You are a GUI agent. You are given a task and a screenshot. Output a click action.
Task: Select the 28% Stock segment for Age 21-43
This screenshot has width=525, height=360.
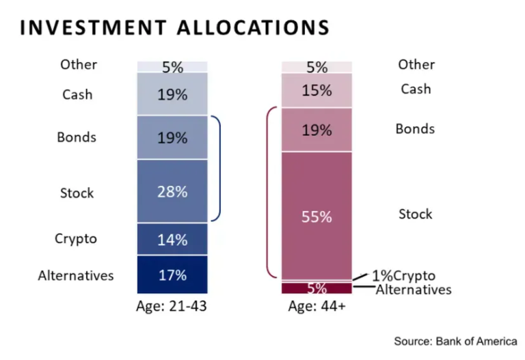pyautogui.click(x=172, y=191)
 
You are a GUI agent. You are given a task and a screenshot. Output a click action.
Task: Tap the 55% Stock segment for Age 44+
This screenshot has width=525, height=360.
pyautogui.click(x=317, y=216)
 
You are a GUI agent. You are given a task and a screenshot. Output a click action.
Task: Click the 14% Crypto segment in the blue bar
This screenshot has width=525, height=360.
pyautogui.click(x=172, y=239)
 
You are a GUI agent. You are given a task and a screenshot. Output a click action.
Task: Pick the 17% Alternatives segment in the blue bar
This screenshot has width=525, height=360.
pyautogui.click(x=172, y=275)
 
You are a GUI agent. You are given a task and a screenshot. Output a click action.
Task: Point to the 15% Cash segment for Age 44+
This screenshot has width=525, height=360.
pyautogui.click(x=317, y=90)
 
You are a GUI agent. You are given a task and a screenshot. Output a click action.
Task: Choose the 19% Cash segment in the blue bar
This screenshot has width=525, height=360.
pyautogui.click(x=172, y=94)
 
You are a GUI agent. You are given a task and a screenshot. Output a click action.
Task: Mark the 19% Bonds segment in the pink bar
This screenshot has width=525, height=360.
pyautogui.click(x=317, y=130)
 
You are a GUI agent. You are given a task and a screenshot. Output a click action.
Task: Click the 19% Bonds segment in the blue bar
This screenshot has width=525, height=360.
pyautogui.click(x=172, y=137)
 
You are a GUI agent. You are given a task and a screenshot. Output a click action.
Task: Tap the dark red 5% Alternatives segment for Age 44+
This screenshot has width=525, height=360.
pyautogui.click(x=317, y=288)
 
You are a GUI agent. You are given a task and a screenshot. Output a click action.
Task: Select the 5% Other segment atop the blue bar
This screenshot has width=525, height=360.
pyautogui.click(x=172, y=67)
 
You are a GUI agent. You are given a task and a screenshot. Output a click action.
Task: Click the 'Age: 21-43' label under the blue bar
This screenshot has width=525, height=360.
pyautogui.click(x=172, y=307)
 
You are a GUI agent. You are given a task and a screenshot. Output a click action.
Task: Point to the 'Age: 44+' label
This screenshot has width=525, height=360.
pyautogui.click(x=317, y=307)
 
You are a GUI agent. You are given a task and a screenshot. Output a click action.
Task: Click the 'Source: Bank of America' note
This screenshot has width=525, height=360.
pyautogui.click(x=455, y=340)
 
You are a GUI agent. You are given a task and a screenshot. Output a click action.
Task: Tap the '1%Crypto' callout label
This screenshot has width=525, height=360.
pyautogui.click(x=403, y=276)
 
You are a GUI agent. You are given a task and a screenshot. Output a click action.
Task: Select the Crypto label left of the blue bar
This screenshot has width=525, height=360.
pyautogui.click(x=76, y=239)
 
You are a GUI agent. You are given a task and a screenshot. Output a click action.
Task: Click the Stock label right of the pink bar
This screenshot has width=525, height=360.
pyautogui.click(x=416, y=214)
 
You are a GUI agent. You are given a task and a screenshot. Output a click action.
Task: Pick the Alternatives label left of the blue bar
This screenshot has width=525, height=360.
pyautogui.click(x=76, y=276)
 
